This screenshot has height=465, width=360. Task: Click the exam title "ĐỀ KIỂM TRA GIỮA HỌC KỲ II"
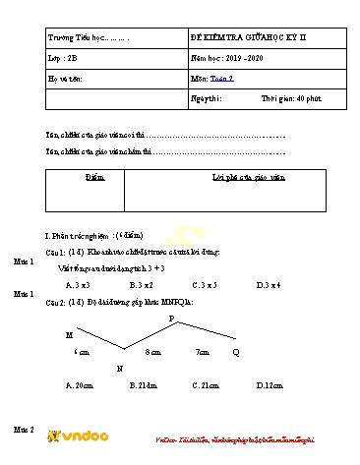point(248,36)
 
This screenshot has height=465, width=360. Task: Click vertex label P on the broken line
point(171,319)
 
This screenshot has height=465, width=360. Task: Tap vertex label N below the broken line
point(119,368)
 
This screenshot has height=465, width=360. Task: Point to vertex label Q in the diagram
point(235,351)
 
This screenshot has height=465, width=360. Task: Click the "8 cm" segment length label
point(152,351)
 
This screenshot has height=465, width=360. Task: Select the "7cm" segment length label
point(204,351)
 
